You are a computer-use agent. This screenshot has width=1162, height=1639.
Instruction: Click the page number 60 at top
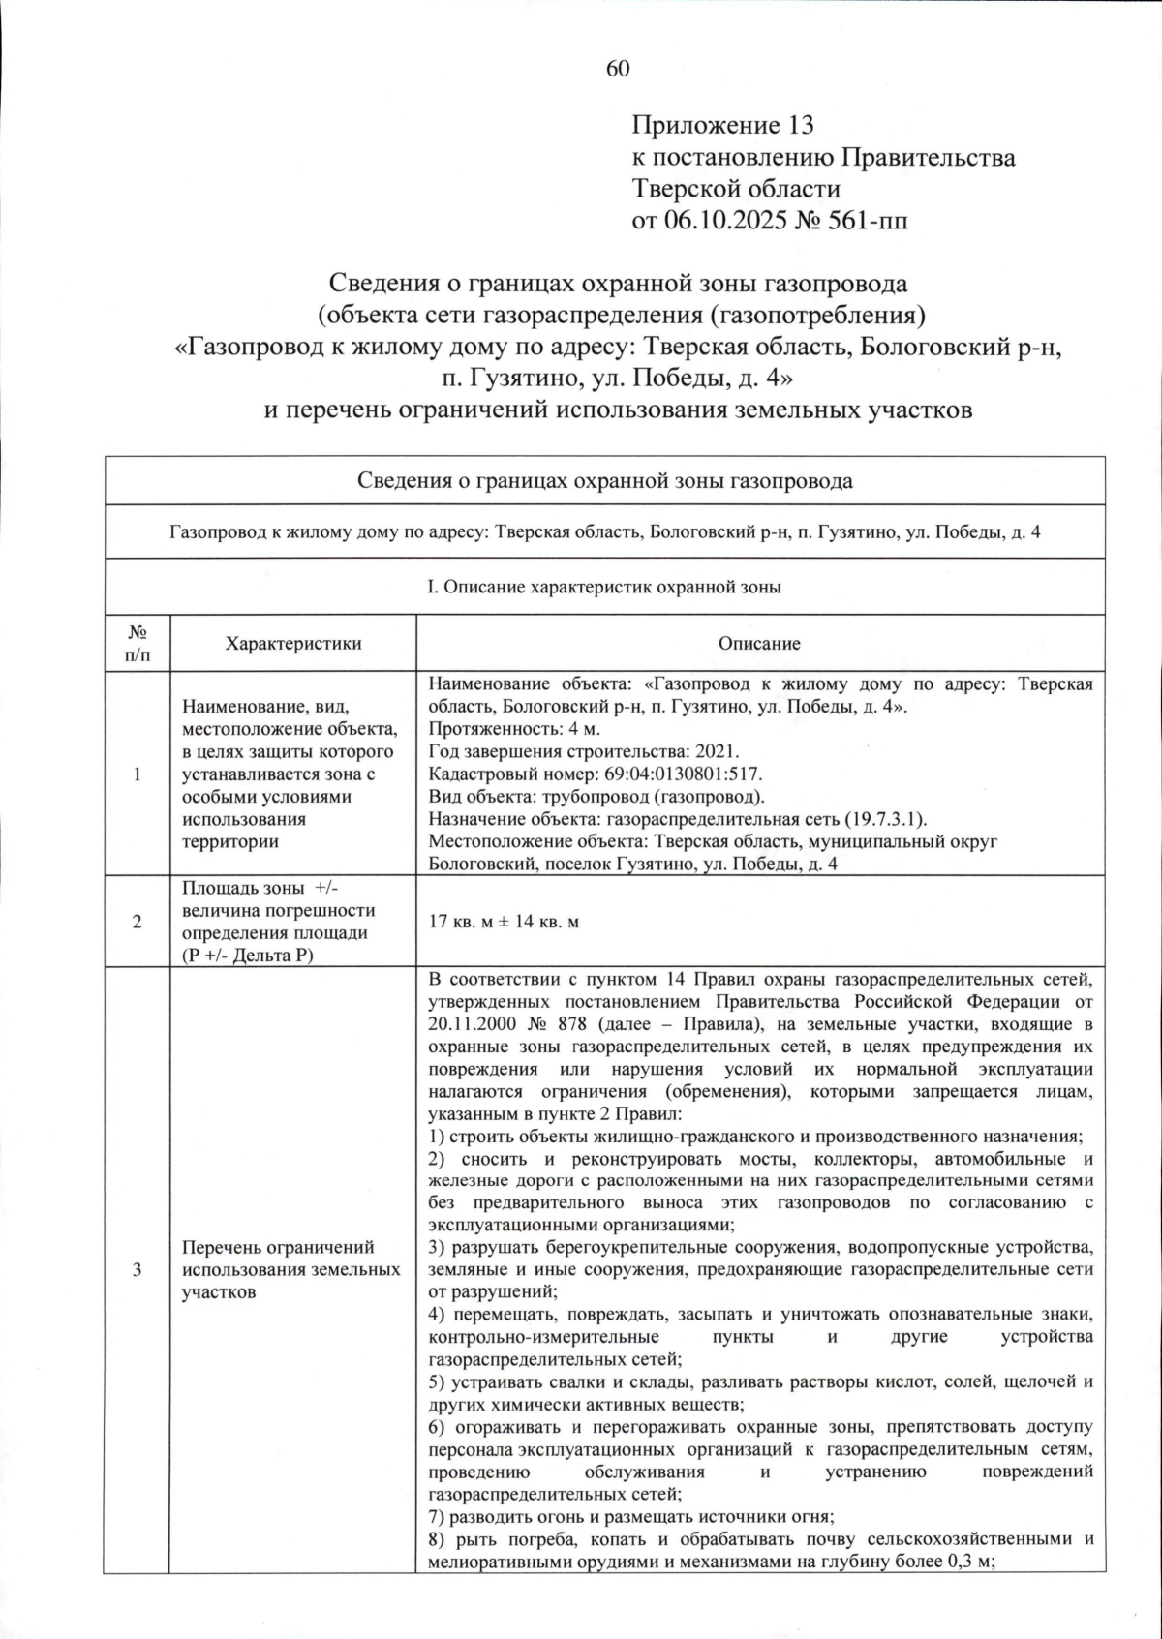tap(618, 68)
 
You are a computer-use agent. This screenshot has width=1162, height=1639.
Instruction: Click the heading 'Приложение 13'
tap(722, 125)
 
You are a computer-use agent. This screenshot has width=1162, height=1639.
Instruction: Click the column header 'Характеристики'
tap(292, 643)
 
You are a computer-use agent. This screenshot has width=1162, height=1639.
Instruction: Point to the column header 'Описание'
tap(759, 643)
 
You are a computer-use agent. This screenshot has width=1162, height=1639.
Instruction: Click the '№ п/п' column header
tap(137, 643)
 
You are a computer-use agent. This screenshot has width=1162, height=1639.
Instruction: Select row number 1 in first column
tap(137, 774)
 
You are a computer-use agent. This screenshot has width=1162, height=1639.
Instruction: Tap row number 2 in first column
tap(137, 922)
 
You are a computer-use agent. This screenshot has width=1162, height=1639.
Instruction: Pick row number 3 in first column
tap(137, 1269)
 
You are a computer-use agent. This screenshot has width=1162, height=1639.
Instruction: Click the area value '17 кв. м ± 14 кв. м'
tap(504, 922)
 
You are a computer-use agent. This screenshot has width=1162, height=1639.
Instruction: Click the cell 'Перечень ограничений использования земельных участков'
tap(290, 1269)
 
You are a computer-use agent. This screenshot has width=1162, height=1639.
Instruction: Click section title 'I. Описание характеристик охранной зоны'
tap(604, 587)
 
